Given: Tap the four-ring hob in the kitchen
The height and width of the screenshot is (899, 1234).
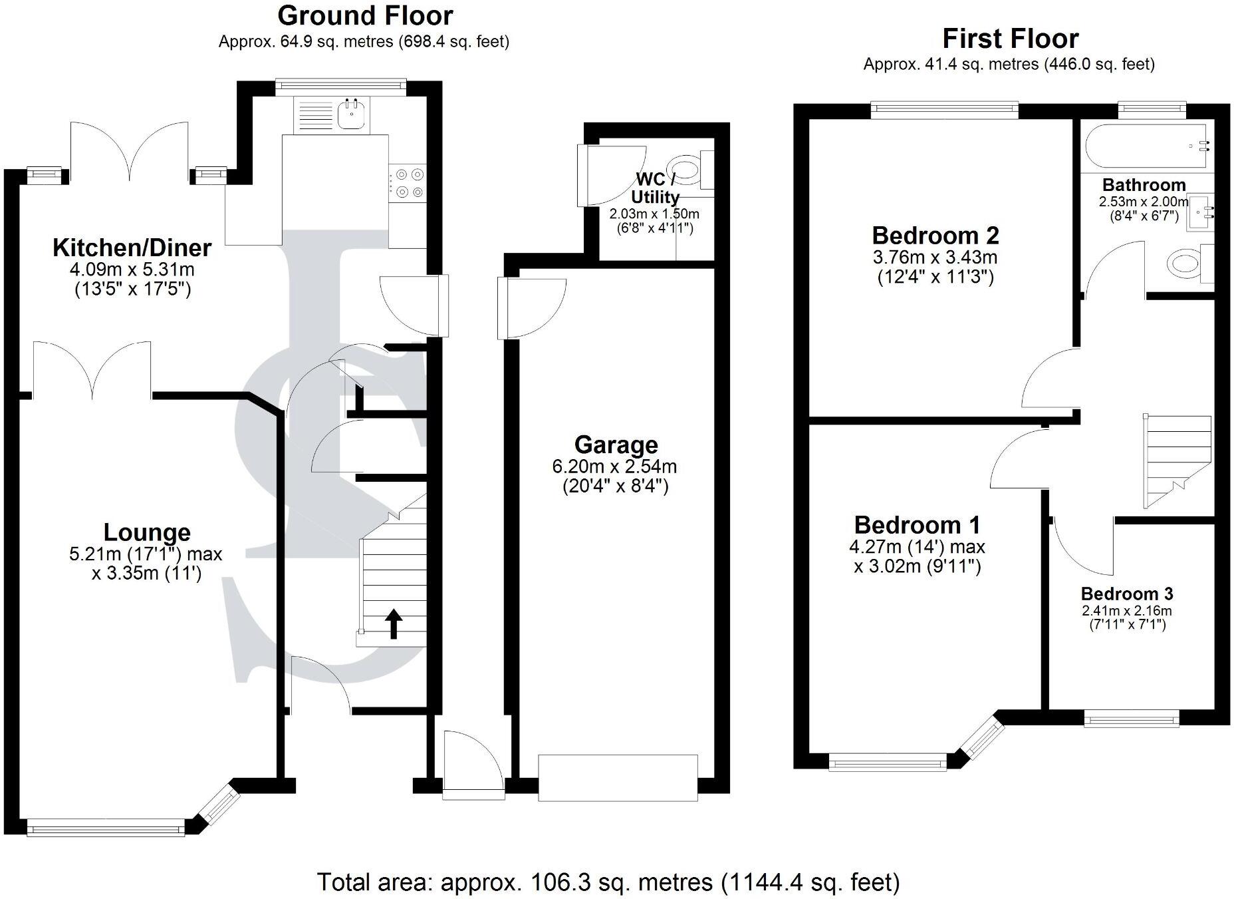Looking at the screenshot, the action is (407, 183).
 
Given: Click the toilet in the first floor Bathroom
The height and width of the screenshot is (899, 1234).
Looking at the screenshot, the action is (1191, 265).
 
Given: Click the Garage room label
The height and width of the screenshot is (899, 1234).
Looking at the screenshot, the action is (616, 445).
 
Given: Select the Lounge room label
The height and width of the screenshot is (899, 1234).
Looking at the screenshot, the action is (147, 532).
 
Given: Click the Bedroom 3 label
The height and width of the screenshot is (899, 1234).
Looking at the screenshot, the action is (1127, 594).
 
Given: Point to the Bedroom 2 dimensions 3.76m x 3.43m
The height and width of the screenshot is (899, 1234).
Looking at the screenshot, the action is (936, 257).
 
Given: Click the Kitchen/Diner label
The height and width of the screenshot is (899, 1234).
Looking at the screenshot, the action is (132, 248).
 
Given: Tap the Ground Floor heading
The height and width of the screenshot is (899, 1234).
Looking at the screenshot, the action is (365, 15).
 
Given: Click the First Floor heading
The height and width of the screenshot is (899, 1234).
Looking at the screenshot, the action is (1010, 39).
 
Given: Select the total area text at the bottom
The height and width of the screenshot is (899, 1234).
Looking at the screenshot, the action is (608, 882).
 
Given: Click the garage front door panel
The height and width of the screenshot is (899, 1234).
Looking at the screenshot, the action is (618, 777).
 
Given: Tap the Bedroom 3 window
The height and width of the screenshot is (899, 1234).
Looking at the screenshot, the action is (1132, 718).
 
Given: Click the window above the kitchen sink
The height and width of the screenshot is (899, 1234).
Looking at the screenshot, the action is (341, 85).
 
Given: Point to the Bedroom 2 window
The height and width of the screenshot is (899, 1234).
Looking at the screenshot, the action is (945, 109).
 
